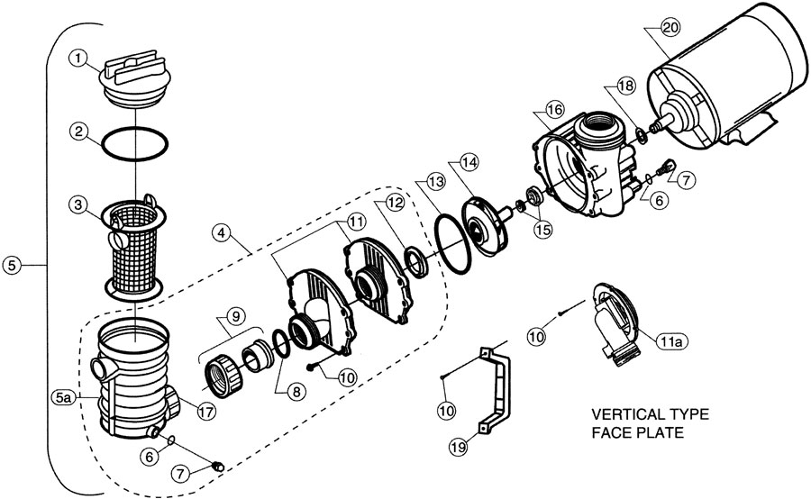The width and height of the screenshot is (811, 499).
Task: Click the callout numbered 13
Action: tap(435, 182)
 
